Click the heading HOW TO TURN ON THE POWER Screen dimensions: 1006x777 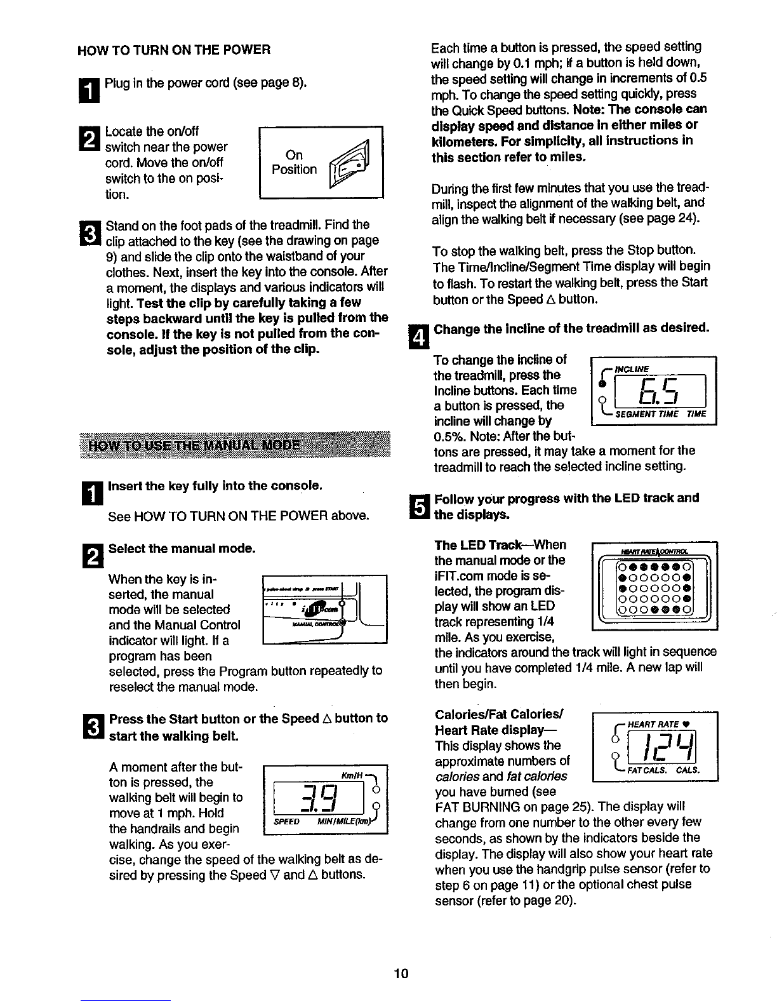(x=173, y=50)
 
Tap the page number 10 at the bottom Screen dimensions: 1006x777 (x=401, y=973)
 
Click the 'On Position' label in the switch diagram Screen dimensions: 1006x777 (x=294, y=163)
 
